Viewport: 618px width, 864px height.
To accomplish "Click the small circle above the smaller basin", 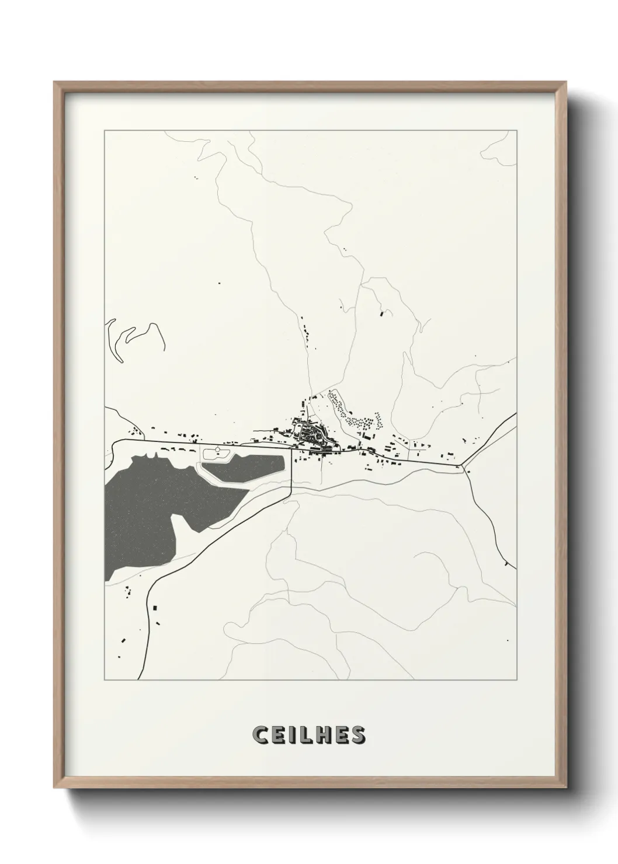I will click(x=218, y=449).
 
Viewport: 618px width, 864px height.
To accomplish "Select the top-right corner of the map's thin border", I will click(x=516, y=131).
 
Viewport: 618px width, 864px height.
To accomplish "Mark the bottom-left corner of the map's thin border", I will click(x=105, y=680).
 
